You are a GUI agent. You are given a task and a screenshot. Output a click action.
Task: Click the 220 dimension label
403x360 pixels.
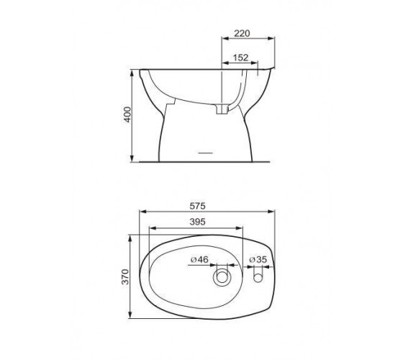[x=242, y=33]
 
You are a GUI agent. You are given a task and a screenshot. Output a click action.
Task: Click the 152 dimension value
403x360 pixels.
[x=240, y=58]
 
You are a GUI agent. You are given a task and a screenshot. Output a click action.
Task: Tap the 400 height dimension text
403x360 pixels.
[x=127, y=114]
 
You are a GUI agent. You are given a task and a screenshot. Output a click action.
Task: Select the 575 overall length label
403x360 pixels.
[x=197, y=206]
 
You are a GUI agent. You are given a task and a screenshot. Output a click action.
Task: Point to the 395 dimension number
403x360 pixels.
[x=197, y=222]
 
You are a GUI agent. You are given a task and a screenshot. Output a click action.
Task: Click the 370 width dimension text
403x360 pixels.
[x=125, y=276]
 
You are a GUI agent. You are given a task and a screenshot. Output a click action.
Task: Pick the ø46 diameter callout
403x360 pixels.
[x=199, y=259]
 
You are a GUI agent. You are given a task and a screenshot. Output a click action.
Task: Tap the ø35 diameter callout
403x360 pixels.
[x=258, y=260]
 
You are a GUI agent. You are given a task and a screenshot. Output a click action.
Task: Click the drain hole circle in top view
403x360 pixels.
[x=222, y=277]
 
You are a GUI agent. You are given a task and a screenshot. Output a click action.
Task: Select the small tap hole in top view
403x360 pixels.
[x=258, y=277]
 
